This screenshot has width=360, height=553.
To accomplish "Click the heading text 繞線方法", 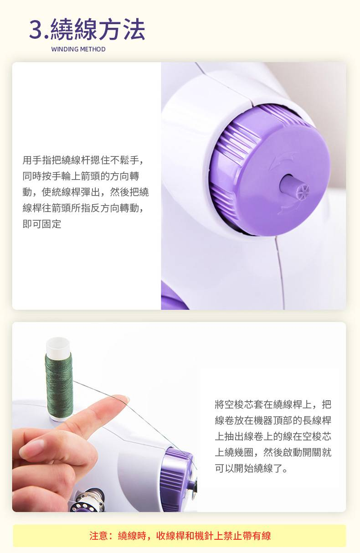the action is (x=98, y=29).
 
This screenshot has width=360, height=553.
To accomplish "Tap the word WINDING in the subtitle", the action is (x=65, y=49).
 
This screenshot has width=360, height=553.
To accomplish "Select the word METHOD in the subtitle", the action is (x=93, y=49).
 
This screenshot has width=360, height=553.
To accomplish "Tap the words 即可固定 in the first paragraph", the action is (x=42, y=224).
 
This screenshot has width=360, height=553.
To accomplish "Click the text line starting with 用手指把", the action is (x=83, y=160).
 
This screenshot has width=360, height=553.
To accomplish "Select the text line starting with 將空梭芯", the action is (x=273, y=404).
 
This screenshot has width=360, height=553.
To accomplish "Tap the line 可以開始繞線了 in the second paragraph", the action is (x=251, y=468).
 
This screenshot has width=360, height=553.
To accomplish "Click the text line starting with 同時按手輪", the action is (x=81, y=176).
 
